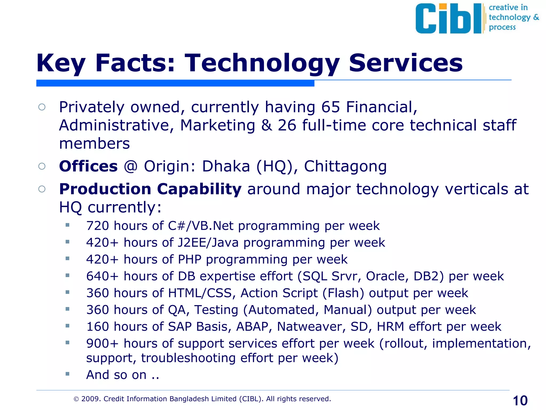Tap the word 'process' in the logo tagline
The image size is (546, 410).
coord(502,27)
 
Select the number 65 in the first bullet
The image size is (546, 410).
coord(330,107)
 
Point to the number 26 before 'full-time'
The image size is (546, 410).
coord(287,125)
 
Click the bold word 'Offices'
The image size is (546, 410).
coord(88,166)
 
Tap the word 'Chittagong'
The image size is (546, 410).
coord(345,167)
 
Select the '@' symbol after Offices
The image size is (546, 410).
coord(131,166)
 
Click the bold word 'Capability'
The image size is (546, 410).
coord(199,189)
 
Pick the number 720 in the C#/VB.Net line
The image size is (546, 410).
coord(98,226)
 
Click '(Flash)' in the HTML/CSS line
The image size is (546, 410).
coord(343,293)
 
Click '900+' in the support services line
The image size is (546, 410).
coord(102,344)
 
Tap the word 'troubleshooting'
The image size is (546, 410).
coord(188,358)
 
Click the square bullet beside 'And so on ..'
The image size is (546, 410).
coord(67,374)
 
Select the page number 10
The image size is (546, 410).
coord(520,401)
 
